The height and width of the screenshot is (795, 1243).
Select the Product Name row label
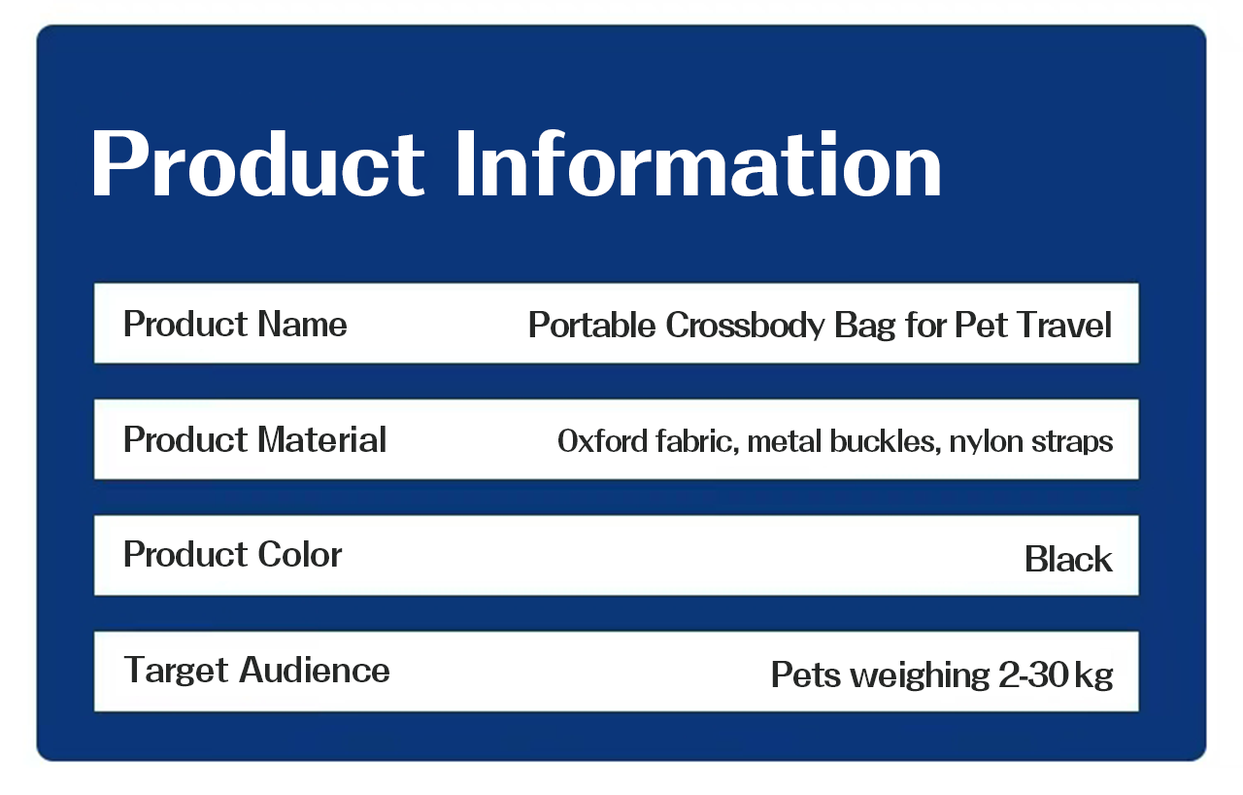pyautogui.click(x=235, y=324)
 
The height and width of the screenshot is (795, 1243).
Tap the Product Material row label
pyautogui.click(x=254, y=439)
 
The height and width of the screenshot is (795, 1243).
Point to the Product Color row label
pyautogui.click(x=232, y=554)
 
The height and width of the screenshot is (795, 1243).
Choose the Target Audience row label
pyautogui.click(x=257, y=670)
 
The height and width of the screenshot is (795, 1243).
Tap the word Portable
pyautogui.click(x=592, y=325)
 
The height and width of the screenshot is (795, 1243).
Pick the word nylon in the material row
pyautogui.click(x=986, y=443)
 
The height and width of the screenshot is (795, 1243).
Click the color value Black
pyautogui.click(x=1068, y=559)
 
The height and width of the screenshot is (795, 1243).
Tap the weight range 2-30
pyautogui.click(x=1033, y=675)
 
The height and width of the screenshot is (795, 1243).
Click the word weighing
pyautogui.click(x=920, y=676)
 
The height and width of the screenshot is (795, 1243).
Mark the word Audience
pyautogui.click(x=315, y=670)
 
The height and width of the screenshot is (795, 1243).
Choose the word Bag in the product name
pyautogui.click(x=865, y=327)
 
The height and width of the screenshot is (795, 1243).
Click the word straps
pyautogui.click(x=1072, y=443)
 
